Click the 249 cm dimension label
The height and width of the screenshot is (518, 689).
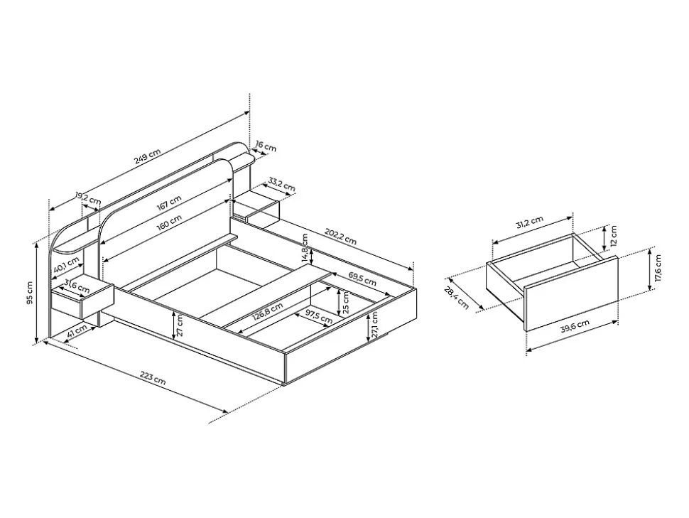[147, 156]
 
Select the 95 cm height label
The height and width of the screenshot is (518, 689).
[29, 293]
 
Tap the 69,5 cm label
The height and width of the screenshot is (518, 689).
[362, 279]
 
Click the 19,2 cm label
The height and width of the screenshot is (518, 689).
[88, 198]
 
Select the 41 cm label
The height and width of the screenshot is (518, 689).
[75, 333]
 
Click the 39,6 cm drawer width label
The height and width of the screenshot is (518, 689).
[575, 327]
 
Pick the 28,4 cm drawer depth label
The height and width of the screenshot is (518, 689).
[456, 297]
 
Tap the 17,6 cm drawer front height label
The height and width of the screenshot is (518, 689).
[657, 268]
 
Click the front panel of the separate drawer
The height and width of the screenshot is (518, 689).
[571, 293]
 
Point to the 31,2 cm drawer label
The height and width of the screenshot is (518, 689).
[529, 222]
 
